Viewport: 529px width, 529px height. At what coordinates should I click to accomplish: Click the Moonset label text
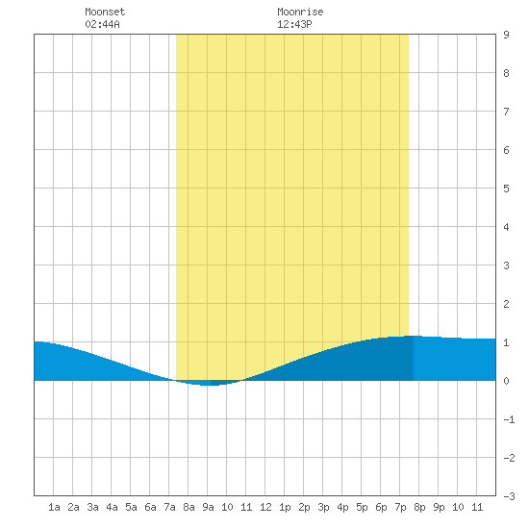point(105,12)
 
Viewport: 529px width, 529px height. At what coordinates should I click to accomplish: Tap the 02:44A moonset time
point(102,24)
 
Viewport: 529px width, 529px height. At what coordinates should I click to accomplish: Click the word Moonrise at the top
point(300,12)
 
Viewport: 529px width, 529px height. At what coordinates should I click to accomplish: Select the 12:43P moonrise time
point(294,24)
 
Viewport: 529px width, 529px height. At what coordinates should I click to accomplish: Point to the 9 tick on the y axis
point(506,35)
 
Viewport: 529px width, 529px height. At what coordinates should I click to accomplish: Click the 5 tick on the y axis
point(506,189)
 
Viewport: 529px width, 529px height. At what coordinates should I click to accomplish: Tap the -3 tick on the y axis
point(509,496)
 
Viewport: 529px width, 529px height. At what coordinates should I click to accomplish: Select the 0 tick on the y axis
point(506,381)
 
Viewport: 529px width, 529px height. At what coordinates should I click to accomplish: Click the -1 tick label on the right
point(509,419)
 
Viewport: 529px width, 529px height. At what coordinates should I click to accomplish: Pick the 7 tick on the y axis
point(506,112)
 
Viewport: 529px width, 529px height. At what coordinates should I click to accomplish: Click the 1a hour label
point(54,507)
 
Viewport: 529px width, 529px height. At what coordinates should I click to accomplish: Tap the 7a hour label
point(169,507)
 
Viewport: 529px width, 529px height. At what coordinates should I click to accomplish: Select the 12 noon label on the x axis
point(265,507)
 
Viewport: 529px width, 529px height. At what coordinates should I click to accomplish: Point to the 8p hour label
point(419,507)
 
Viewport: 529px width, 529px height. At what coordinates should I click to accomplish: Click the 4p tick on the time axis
point(342,507)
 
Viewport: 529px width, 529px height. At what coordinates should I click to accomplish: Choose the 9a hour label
point(208,507)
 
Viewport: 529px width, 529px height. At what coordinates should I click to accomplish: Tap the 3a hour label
point(92,507)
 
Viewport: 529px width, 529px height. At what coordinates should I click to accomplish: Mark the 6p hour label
point(381,507)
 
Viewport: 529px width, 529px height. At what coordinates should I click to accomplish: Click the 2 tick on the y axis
point(506,304)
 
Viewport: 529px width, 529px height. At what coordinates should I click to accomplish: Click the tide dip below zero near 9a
point(209,383)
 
